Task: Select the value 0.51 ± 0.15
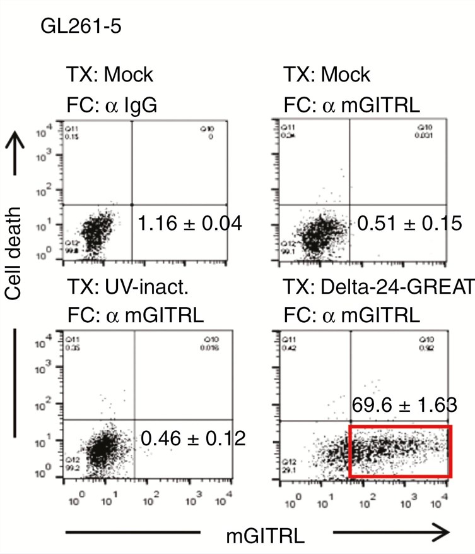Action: pos(409,223)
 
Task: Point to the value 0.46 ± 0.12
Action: pos(193,437)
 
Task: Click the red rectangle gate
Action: pos(400,450)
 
